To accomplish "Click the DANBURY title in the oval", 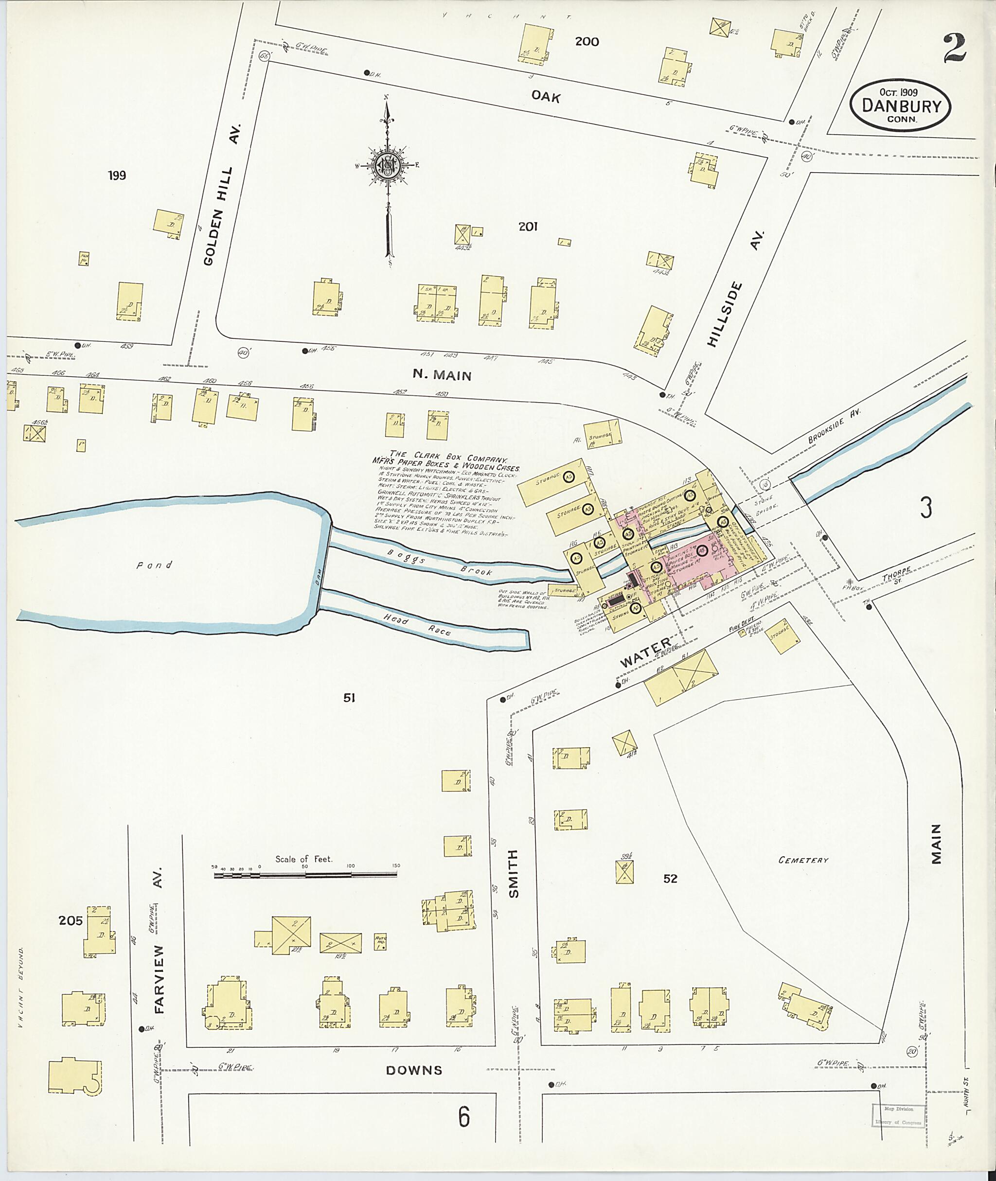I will coord(901,106).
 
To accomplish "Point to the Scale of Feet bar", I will coord(305,875).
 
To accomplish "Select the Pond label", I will coord(154,564).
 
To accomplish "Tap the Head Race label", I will coord(417,625).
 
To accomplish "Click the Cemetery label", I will coord(803,861).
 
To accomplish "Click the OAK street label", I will coord(546,97).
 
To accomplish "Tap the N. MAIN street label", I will coord(442,375).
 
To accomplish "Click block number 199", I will coord(117,176).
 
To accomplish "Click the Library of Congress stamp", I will coord(898,1115).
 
